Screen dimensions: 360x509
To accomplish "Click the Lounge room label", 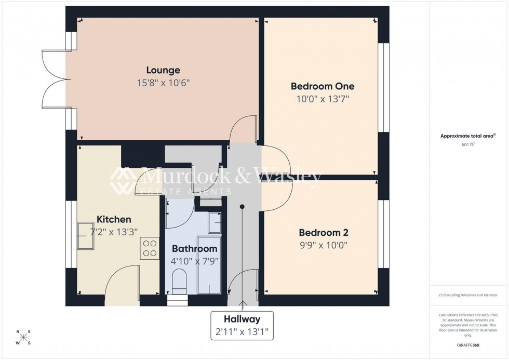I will click(x=163, y=70).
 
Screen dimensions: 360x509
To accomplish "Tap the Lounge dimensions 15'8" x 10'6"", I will click(x=163, y=83).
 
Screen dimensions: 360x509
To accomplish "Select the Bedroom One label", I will click(x=322, y=86).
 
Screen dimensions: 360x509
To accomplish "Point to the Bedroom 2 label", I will click(x=323, y=232).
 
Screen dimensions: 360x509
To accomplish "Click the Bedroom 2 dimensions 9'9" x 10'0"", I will click(x=323, y=245).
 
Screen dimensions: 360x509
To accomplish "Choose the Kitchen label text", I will click(x=114, y=220).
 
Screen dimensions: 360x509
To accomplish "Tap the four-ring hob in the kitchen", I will click(x=150, y=247).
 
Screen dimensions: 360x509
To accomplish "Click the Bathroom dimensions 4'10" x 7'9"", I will click(x=194, y=261).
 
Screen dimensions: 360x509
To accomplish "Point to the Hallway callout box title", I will click(x=242, y=319).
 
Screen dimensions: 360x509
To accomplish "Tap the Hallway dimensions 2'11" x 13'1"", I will click(x=242, y=331).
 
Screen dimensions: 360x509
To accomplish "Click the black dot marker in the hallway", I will click(x=242, y=207).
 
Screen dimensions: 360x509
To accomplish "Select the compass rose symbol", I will click(x=23, y=337).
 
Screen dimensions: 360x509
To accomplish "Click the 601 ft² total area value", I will click(x=468, y=145).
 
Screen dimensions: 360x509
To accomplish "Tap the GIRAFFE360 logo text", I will click(x=468, y=344).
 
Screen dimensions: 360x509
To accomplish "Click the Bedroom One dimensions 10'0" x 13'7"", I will click(x=322, y=99).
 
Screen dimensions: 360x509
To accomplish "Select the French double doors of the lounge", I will click(x=55, y=79).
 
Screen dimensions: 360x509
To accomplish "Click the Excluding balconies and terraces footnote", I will click(x=468, y=295).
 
